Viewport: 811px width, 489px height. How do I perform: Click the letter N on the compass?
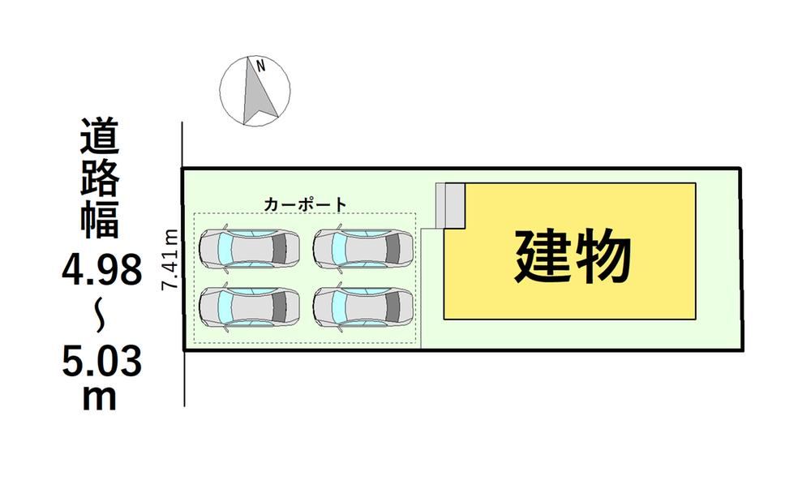coord(261,66)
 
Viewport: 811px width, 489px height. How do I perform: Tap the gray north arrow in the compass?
coord(257,93)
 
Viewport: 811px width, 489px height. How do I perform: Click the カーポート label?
coord(305,204)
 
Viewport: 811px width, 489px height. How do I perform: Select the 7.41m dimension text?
coord(170,260)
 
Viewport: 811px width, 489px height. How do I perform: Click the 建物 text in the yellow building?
coord(573,256)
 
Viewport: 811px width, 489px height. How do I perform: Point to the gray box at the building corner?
coord(450,205)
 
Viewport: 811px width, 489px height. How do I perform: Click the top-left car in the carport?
coord(250,248)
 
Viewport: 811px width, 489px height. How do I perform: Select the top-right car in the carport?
coord(363,248)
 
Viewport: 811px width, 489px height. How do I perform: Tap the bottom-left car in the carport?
coord(250,307)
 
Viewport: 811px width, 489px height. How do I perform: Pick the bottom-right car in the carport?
coord(363,307)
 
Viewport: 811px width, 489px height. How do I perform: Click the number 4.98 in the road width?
coord(102,271)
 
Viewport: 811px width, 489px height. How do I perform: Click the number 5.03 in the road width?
coord(102,362)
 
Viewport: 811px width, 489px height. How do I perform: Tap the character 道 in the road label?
coord(100,135)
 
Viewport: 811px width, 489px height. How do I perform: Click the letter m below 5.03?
coord(99,398)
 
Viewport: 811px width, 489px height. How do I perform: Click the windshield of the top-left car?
coord(224,248)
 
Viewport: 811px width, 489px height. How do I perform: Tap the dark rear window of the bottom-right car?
coord(393,307)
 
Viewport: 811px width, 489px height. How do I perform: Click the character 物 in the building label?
coord(603,256)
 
